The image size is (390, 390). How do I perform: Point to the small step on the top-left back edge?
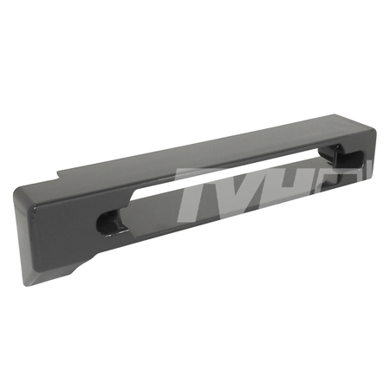60,175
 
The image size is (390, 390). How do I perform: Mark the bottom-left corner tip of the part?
24,285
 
